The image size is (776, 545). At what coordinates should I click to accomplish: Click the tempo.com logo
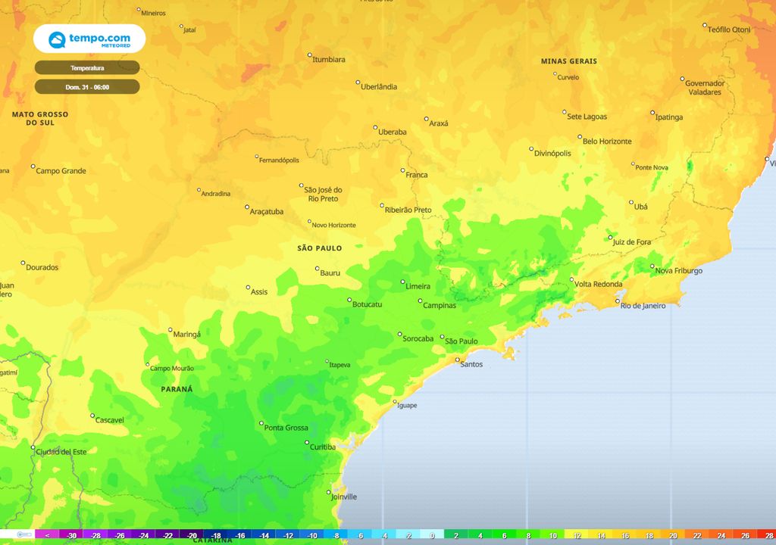(x=89, y=39)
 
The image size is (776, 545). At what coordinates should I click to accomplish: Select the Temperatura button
(x=87, y=68)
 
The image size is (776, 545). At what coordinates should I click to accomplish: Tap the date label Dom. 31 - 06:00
(x=87, y=87)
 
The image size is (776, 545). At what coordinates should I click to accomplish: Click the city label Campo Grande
(x=61, y=171)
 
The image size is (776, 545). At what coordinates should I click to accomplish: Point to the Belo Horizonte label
(x=607, y=142)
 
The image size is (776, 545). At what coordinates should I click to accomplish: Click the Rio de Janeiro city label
(x=643, y=306)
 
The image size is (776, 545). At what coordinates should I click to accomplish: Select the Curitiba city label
(x=323, y=447)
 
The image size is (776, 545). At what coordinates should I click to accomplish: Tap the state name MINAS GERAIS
(x=568, y=61)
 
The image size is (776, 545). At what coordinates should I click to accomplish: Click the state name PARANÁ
(x=177, y=389)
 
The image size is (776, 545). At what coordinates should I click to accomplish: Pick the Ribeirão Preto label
(x=408, y=210)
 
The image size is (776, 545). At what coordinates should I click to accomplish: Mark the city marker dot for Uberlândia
(x=358, y=83)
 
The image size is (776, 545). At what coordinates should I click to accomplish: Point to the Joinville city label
(x=344, y=497)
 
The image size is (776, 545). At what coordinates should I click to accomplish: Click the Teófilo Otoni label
(x=729, y=30)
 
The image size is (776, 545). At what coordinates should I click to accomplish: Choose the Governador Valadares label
(x=705, y=88)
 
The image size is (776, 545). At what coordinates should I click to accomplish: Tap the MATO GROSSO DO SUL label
(x=40, y=119)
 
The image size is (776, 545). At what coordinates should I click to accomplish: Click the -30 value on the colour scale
(x=71, y=535)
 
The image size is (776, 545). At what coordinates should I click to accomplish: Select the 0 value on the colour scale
(x=432, y=535)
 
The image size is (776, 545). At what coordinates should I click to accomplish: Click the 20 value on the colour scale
(x=674, y=535)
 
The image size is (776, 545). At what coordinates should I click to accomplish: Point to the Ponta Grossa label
(x=286, y=428)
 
